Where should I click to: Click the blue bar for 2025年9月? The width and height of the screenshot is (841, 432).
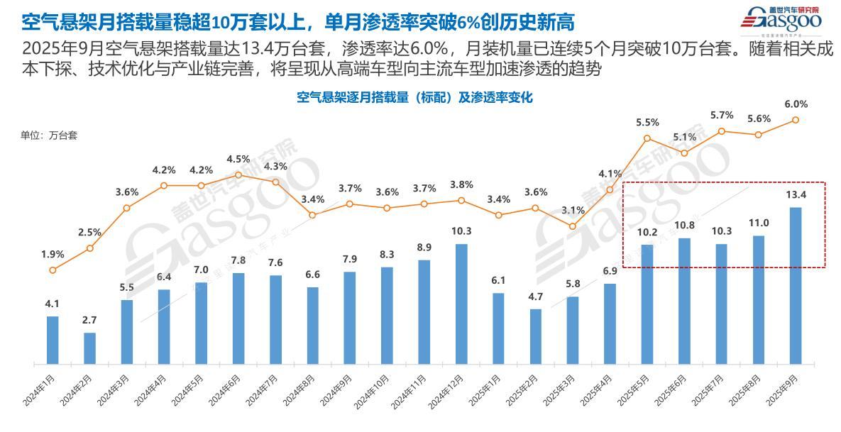796,285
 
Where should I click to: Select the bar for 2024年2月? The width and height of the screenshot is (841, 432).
89,348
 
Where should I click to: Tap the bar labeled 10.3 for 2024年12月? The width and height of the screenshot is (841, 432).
461,304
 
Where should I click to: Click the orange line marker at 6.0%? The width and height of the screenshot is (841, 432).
796,120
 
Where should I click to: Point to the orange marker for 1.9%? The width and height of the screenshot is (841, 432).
53,270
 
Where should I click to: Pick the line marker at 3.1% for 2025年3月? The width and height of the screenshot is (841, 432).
573,226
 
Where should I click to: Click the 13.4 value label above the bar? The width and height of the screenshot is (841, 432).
796,195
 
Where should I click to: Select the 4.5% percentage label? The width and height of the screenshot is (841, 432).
238,159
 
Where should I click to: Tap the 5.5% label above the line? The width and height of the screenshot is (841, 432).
647,122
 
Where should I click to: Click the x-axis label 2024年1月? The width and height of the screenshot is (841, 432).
39,389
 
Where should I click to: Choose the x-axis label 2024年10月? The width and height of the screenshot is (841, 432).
372,391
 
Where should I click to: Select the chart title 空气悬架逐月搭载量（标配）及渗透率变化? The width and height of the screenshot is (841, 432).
414,97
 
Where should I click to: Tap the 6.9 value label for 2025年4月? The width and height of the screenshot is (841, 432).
610,272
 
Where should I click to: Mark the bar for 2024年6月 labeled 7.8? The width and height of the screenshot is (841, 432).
238,319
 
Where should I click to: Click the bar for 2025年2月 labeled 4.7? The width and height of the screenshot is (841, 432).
536,336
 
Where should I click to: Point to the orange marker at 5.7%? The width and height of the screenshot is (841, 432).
721,131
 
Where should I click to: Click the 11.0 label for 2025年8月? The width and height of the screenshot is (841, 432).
759,223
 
